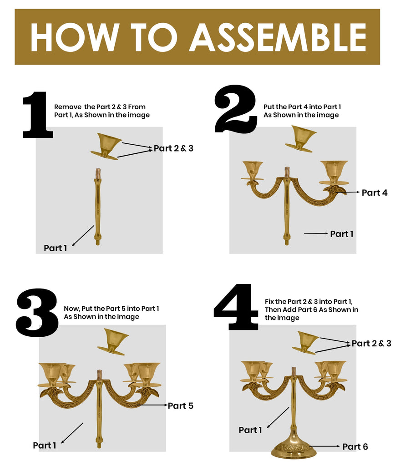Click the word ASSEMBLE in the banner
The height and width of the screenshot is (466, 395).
(278, 37)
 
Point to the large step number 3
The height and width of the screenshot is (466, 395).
(37, 313)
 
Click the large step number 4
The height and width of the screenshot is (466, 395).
(236, 307)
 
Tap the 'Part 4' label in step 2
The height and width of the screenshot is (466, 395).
(374, 193)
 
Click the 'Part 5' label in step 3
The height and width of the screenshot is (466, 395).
(180, 405)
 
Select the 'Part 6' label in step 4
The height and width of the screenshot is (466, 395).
(355, 447)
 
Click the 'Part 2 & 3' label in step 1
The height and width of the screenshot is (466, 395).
(173, 148)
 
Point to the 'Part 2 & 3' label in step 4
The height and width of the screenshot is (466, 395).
(371, 344)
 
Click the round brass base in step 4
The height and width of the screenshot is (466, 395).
(294, 448)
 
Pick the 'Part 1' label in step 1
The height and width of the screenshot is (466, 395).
(55, 248)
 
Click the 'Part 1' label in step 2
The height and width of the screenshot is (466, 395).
(341, 234)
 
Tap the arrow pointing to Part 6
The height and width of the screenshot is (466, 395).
(325, 446)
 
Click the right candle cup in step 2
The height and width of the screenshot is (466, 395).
(334, 172)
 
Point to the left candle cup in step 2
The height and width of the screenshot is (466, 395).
(253, 170)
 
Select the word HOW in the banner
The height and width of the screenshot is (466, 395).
(74, 37)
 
